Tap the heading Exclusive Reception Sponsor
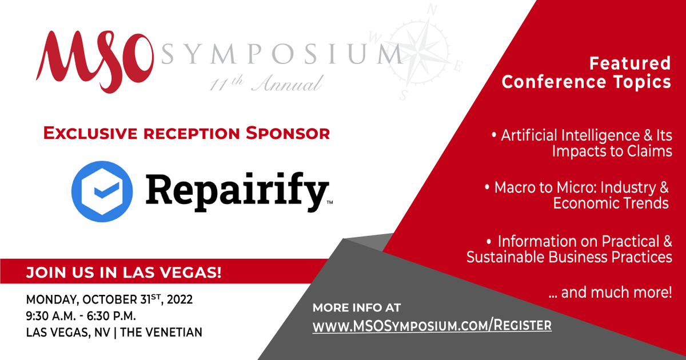coord(187,134)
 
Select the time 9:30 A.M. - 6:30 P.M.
coord(81,316)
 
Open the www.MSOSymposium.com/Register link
coord(432,326)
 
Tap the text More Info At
coord(357,307)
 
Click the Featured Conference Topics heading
coord(586,72)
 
